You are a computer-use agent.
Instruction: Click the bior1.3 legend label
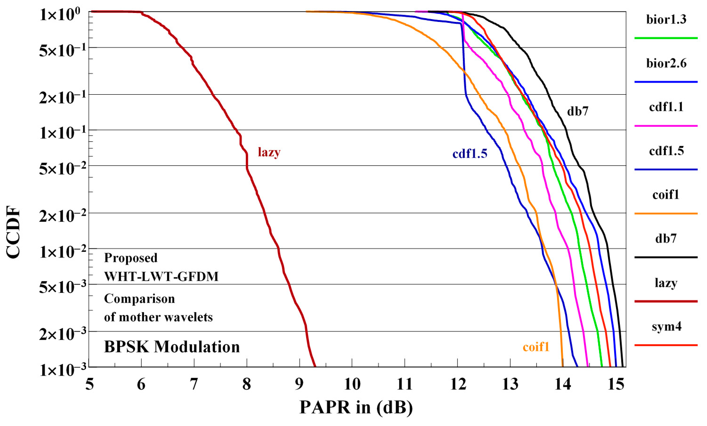(666, 20)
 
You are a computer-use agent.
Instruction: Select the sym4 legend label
(666, 327)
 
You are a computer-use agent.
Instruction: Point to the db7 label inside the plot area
(578, 111)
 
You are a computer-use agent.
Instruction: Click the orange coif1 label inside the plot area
(536, 347)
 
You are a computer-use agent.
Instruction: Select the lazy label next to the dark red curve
(269, 152)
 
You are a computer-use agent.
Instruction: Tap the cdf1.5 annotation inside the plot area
(470, 154)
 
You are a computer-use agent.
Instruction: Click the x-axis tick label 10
(352, 384)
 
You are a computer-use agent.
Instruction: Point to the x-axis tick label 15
(616, 384)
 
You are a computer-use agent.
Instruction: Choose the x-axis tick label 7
(194, 384)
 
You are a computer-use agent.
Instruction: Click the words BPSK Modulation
(172, 347)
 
